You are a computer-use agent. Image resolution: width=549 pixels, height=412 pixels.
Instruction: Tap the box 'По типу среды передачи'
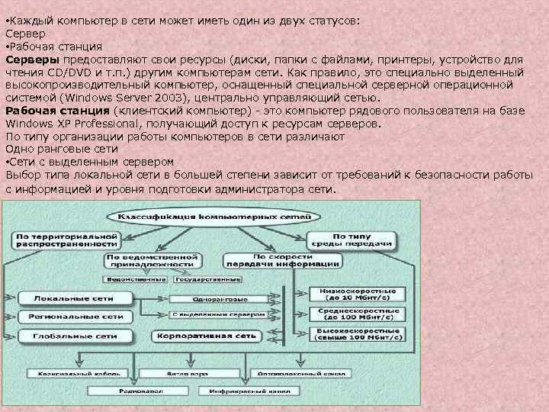[x=352, y=240]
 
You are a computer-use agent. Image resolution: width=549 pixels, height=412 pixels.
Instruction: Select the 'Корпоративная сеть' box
[x=204, y=335]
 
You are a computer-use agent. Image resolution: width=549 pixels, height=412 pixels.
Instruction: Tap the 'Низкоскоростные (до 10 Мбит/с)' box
[x=355, y=295]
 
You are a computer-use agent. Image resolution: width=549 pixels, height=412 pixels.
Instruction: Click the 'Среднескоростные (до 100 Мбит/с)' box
[x=355, y=314]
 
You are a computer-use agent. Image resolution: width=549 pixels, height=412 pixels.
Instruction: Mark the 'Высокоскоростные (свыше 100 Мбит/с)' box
[x=355, y=334]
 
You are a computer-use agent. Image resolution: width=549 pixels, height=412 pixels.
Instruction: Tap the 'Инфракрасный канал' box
[x=246, y=391]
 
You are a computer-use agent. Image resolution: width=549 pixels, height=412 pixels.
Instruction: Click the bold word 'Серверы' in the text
[x=33, y=59]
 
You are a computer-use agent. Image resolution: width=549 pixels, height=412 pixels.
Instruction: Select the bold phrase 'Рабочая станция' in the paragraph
[x=56, y=111]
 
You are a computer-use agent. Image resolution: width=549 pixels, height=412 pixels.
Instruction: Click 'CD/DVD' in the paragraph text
[x=56, y=72]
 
